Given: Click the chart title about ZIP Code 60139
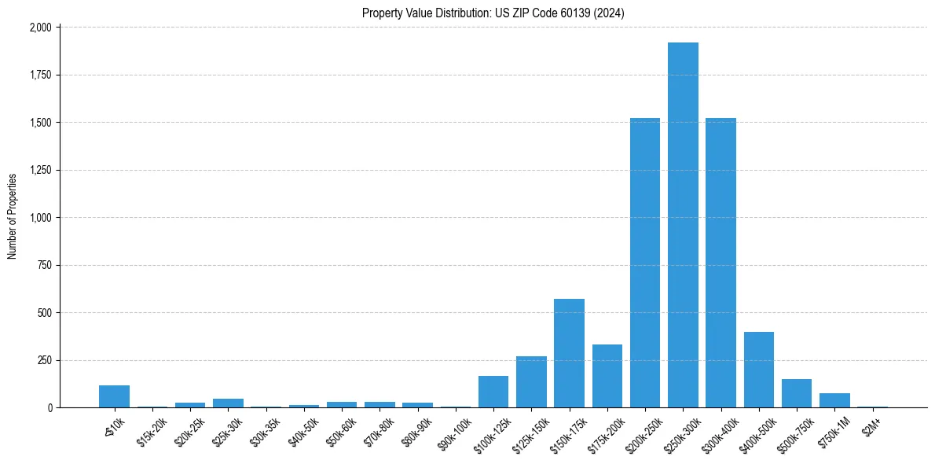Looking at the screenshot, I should pos(493,13).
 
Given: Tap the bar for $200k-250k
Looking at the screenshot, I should pos(645,263).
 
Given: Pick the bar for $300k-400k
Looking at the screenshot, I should pos(720,263).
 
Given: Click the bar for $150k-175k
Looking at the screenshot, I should pos(569,353).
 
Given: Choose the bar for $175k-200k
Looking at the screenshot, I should pos(607,376).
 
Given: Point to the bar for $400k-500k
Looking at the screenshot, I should pos(759,370).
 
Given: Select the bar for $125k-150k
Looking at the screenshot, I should pos(531,382).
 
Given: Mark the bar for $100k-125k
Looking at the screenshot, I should pos(493,392).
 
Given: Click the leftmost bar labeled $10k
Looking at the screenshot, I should pos(114,396).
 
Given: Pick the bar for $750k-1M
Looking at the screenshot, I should pos(834,400).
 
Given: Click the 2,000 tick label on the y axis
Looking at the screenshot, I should pos(40,28).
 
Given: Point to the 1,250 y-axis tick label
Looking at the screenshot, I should pos(40,170).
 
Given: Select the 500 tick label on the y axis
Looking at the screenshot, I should pos(45,313).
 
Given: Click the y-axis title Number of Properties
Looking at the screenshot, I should pos(13,217).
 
